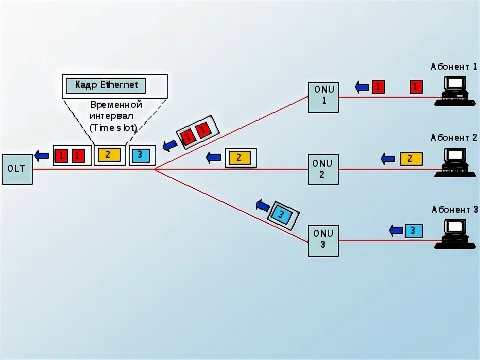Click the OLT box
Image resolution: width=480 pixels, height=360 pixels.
click(17, 169)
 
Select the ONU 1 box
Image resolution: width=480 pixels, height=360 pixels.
click(323, 97)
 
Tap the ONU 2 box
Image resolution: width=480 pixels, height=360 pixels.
click(323, 169)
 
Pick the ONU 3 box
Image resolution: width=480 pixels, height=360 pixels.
click(323, 240)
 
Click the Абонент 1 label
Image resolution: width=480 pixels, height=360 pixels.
click(454, 66)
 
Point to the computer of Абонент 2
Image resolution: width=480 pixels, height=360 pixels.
click(454, 162)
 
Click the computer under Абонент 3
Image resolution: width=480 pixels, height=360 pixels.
click(454, 233)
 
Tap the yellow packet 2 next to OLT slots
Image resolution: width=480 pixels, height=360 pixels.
click(108, 155)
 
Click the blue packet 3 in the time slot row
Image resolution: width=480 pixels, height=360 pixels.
click(140, 155)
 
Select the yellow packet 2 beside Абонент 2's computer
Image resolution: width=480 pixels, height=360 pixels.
click(411, 159)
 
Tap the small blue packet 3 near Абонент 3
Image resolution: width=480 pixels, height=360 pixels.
click(413, 231)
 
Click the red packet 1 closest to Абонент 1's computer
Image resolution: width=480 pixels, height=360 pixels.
click(416, 87)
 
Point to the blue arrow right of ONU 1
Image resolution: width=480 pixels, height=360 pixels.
click(362, 87)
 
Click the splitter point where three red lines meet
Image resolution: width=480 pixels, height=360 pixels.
click(155, 169)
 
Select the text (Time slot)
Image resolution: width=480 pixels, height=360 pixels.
click(113, 127)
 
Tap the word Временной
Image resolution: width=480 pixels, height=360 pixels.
click(116, 105)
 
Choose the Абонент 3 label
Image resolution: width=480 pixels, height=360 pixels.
click(454, 210)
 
